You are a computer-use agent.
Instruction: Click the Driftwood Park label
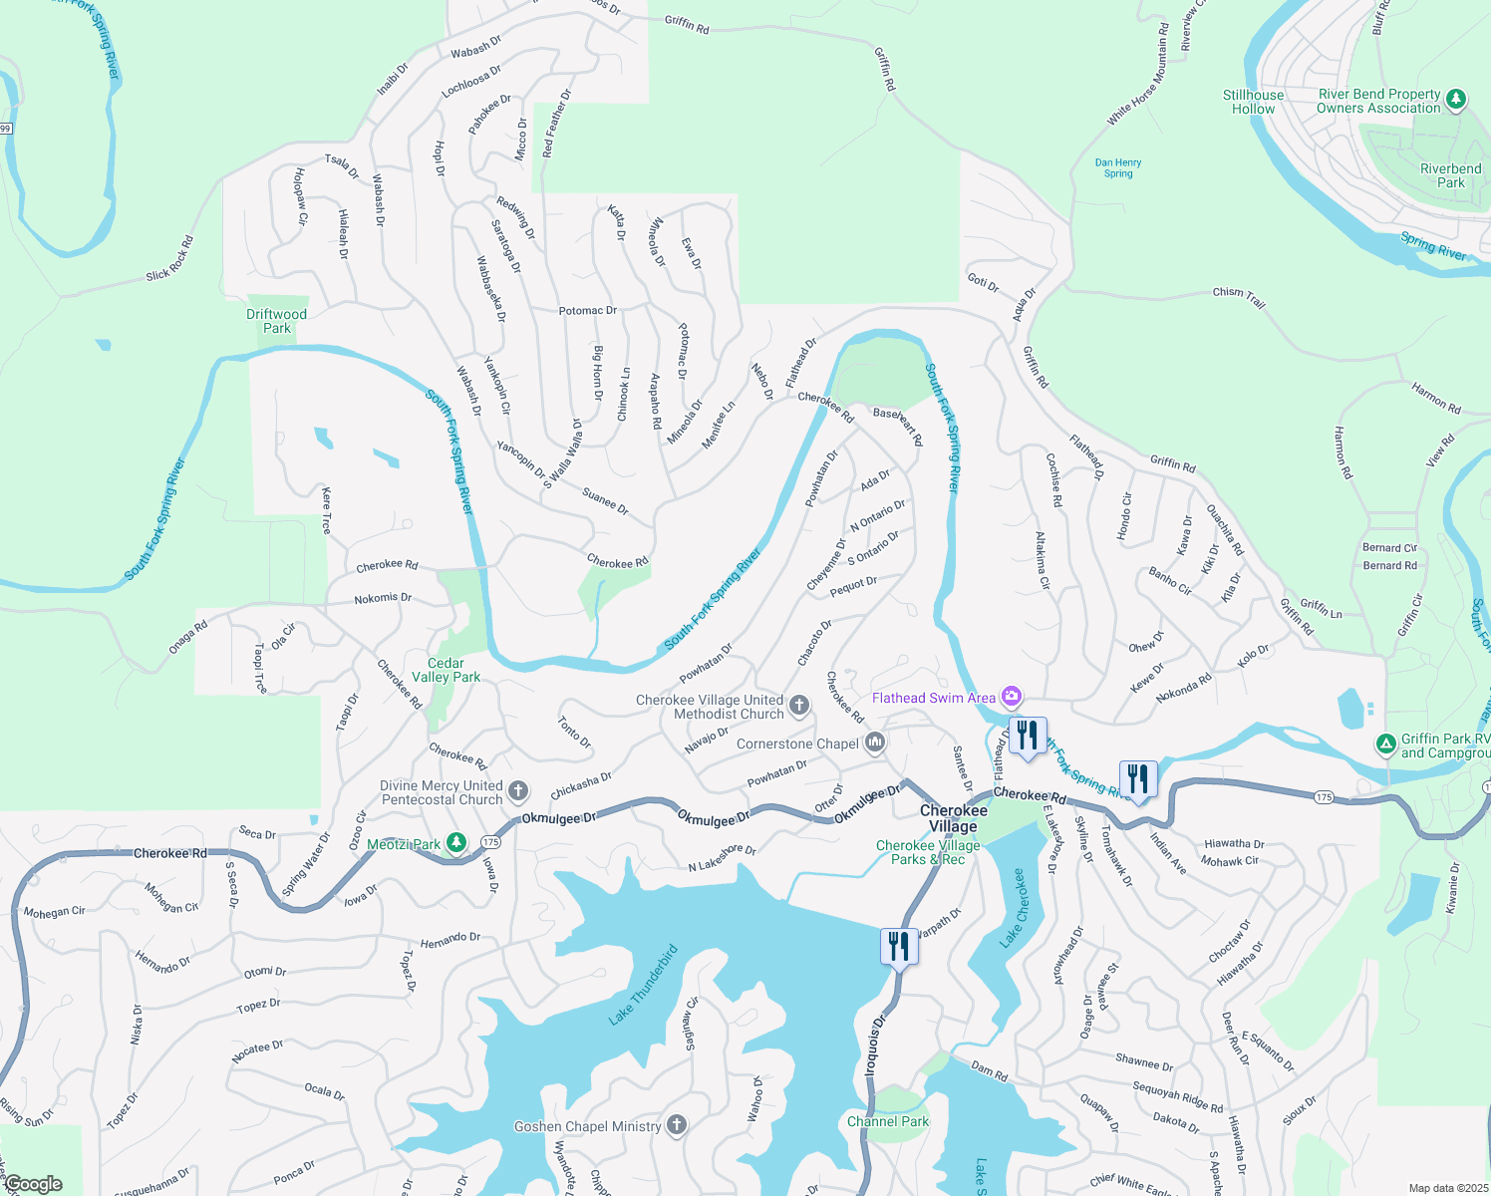coord(276,321)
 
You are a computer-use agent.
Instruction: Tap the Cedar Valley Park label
coord(446,670)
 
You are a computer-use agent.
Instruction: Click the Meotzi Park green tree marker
coord(456,843)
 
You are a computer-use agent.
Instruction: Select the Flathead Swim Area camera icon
coord(1012,697)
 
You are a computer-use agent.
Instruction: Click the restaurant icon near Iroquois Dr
coord(899,946)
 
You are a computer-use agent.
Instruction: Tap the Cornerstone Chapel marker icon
coord(875,743)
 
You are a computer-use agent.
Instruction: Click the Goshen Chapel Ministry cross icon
coord(677,1126)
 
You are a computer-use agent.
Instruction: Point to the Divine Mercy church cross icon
coord(517,791)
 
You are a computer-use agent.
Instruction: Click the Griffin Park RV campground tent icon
coord(1385,744)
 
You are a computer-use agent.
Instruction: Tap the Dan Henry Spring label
coord(1117,167)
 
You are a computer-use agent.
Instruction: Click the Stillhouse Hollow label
coord(1253,102)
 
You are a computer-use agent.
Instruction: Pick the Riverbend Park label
coord(1450,175)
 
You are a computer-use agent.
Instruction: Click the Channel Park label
coord(887,1121)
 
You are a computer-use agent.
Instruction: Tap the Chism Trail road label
coord(1239,296)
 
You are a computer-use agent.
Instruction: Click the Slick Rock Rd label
coord(169,259)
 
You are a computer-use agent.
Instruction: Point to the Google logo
coord(33,1184)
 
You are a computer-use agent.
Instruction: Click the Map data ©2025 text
coord(1447,1188)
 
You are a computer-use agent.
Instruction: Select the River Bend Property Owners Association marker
coord(1456,99)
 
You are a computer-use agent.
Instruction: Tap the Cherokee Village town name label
coord(953,818)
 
